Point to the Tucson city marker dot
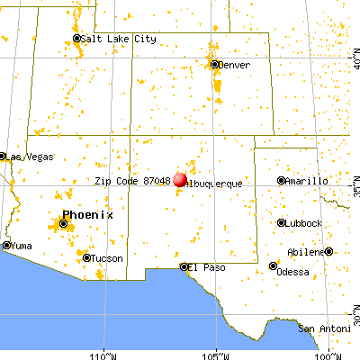tap(87, 258)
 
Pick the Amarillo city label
tap(306, 181)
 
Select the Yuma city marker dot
tap(6, 245)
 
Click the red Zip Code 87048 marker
tap(179, 179)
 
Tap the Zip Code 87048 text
tap(132, 181)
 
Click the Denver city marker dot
tap(215, 65)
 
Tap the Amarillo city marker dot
tap(282, 181)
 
